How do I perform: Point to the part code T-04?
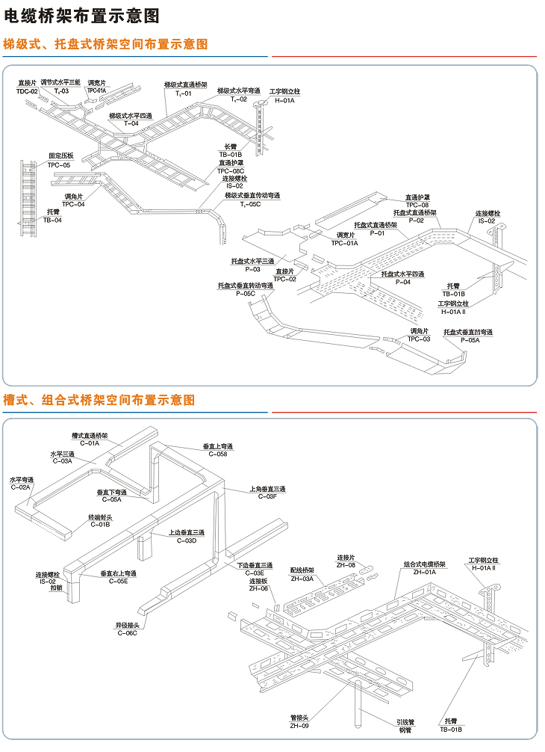tap(131, 123)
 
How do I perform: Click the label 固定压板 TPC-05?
tap(60, 160)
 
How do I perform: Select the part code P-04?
tap(403, 283)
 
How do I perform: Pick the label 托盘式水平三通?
tap(252, 261)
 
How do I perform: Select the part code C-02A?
tap(21, 487)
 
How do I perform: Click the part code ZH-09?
tap(299, 726)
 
